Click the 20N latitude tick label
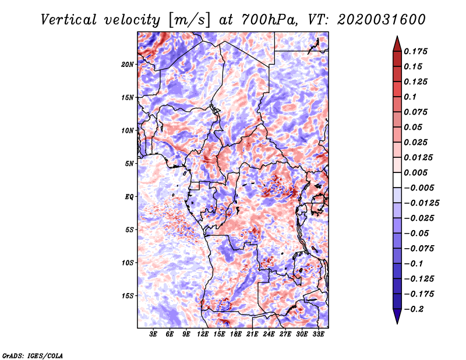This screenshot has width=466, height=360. pos(128,64)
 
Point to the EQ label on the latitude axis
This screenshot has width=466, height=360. pos(129,197)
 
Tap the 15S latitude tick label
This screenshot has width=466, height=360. pos(128,296)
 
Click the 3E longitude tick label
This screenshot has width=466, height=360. pos(154,334)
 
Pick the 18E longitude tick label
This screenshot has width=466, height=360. pos(236,334)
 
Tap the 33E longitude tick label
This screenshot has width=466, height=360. pos(319,334)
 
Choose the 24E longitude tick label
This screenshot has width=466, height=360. pos(269,334)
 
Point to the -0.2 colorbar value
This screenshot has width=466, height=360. pos(415,309)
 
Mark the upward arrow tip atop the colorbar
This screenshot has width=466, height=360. pos(396,38)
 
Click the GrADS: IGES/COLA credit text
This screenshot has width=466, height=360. pos(32,355)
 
